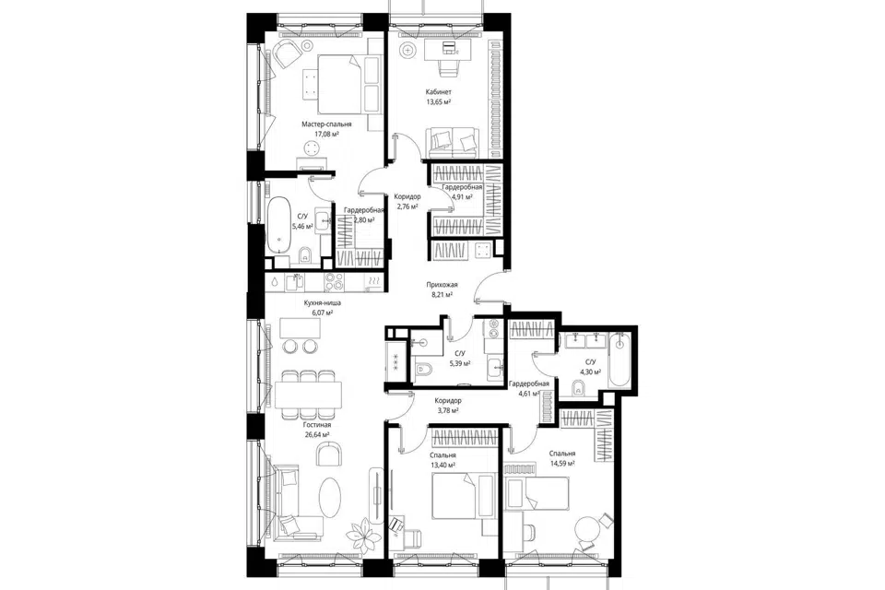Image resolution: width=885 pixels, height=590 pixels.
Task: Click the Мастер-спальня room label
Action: point(326,124)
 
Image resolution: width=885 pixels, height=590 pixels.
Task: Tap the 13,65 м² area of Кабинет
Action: point(438,102)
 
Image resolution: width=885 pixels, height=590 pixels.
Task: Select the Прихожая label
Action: point(442,285)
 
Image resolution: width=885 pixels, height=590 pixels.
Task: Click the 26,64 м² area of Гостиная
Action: point(316,434)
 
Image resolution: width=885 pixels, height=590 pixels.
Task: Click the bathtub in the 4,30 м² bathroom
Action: point(619,360)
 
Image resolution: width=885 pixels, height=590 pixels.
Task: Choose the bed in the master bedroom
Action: point(339,84)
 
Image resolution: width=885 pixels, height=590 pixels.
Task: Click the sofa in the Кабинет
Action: point(453,142)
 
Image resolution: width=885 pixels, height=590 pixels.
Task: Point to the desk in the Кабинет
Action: point(445,50)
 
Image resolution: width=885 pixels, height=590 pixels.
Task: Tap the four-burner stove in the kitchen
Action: point(334,281)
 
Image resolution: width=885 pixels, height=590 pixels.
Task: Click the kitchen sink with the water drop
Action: point(274,281)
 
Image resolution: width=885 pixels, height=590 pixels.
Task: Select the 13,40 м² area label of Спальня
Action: point(442,466)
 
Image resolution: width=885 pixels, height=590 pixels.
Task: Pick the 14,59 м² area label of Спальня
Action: point(561,463)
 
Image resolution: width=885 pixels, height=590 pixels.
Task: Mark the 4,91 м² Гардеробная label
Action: point(462,197)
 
